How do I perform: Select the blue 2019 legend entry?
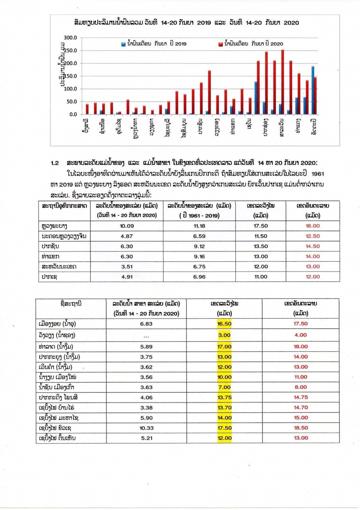(x=151, y=43)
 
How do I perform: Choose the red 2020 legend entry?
(x=250, y=43)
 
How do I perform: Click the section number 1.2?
(x=55, y=163)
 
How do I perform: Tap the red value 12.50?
(x=313, y=236)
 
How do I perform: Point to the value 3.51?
(x=126, y=267)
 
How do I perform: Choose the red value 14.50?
(x=313, y=246)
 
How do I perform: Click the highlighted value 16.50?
(x=225, y=324)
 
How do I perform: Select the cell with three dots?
(x=146, y=335)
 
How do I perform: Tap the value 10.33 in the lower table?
(x=146, y=428)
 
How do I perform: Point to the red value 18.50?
(x=301, y=428)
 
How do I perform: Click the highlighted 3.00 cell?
(x=225, y=335)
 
